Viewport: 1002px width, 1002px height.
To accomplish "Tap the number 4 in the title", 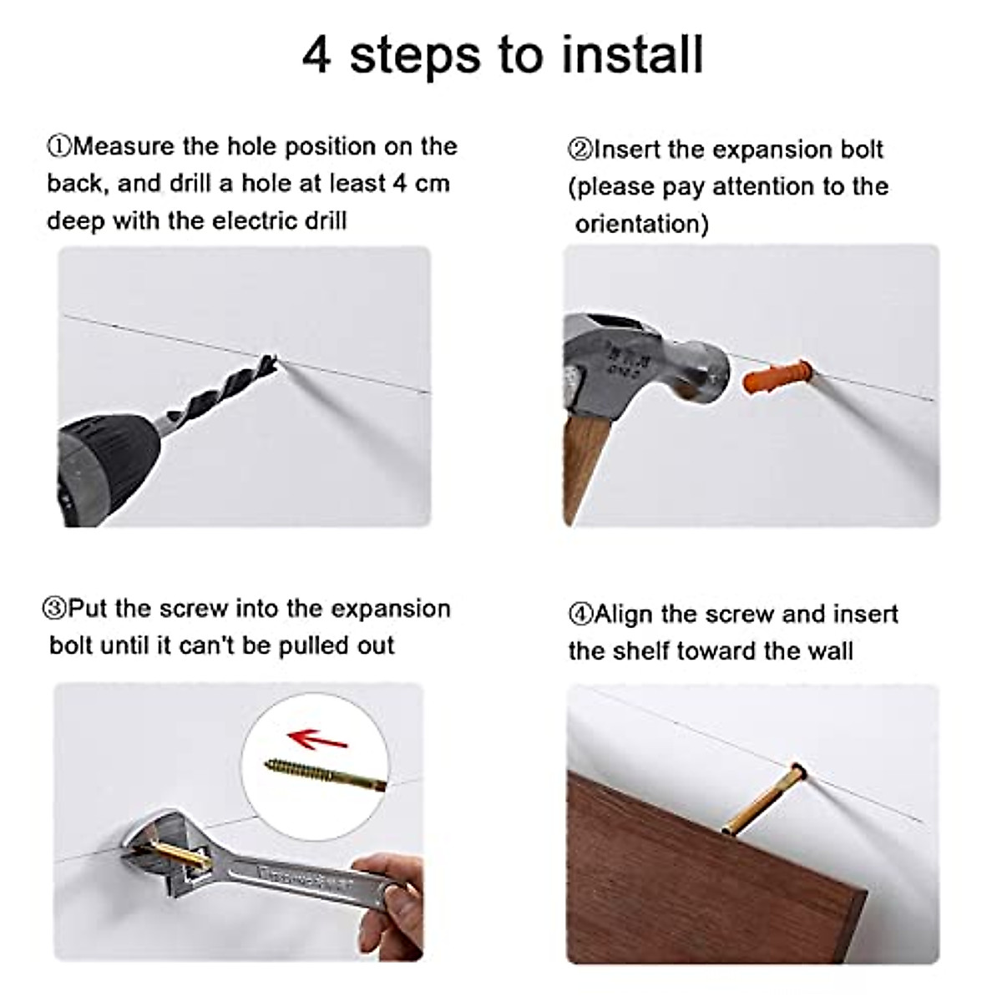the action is click(x=316, y=56).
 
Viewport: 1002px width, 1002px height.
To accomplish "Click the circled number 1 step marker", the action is click(x=58, y=147).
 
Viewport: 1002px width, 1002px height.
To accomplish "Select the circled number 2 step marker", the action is click(x=579, y=149).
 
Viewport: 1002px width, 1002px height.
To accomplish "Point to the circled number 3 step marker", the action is click(x=54, y=609).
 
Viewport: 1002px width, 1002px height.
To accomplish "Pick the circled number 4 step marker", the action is click(x=580, y=614).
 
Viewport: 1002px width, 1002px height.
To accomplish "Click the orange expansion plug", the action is click(x=777, y=377).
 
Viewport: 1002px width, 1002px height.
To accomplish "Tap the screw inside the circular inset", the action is click(x=326, y=773).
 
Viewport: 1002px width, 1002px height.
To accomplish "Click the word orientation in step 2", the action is click(x=641, y=225).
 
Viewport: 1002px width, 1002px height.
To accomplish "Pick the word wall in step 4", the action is click(x=830, y=651).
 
